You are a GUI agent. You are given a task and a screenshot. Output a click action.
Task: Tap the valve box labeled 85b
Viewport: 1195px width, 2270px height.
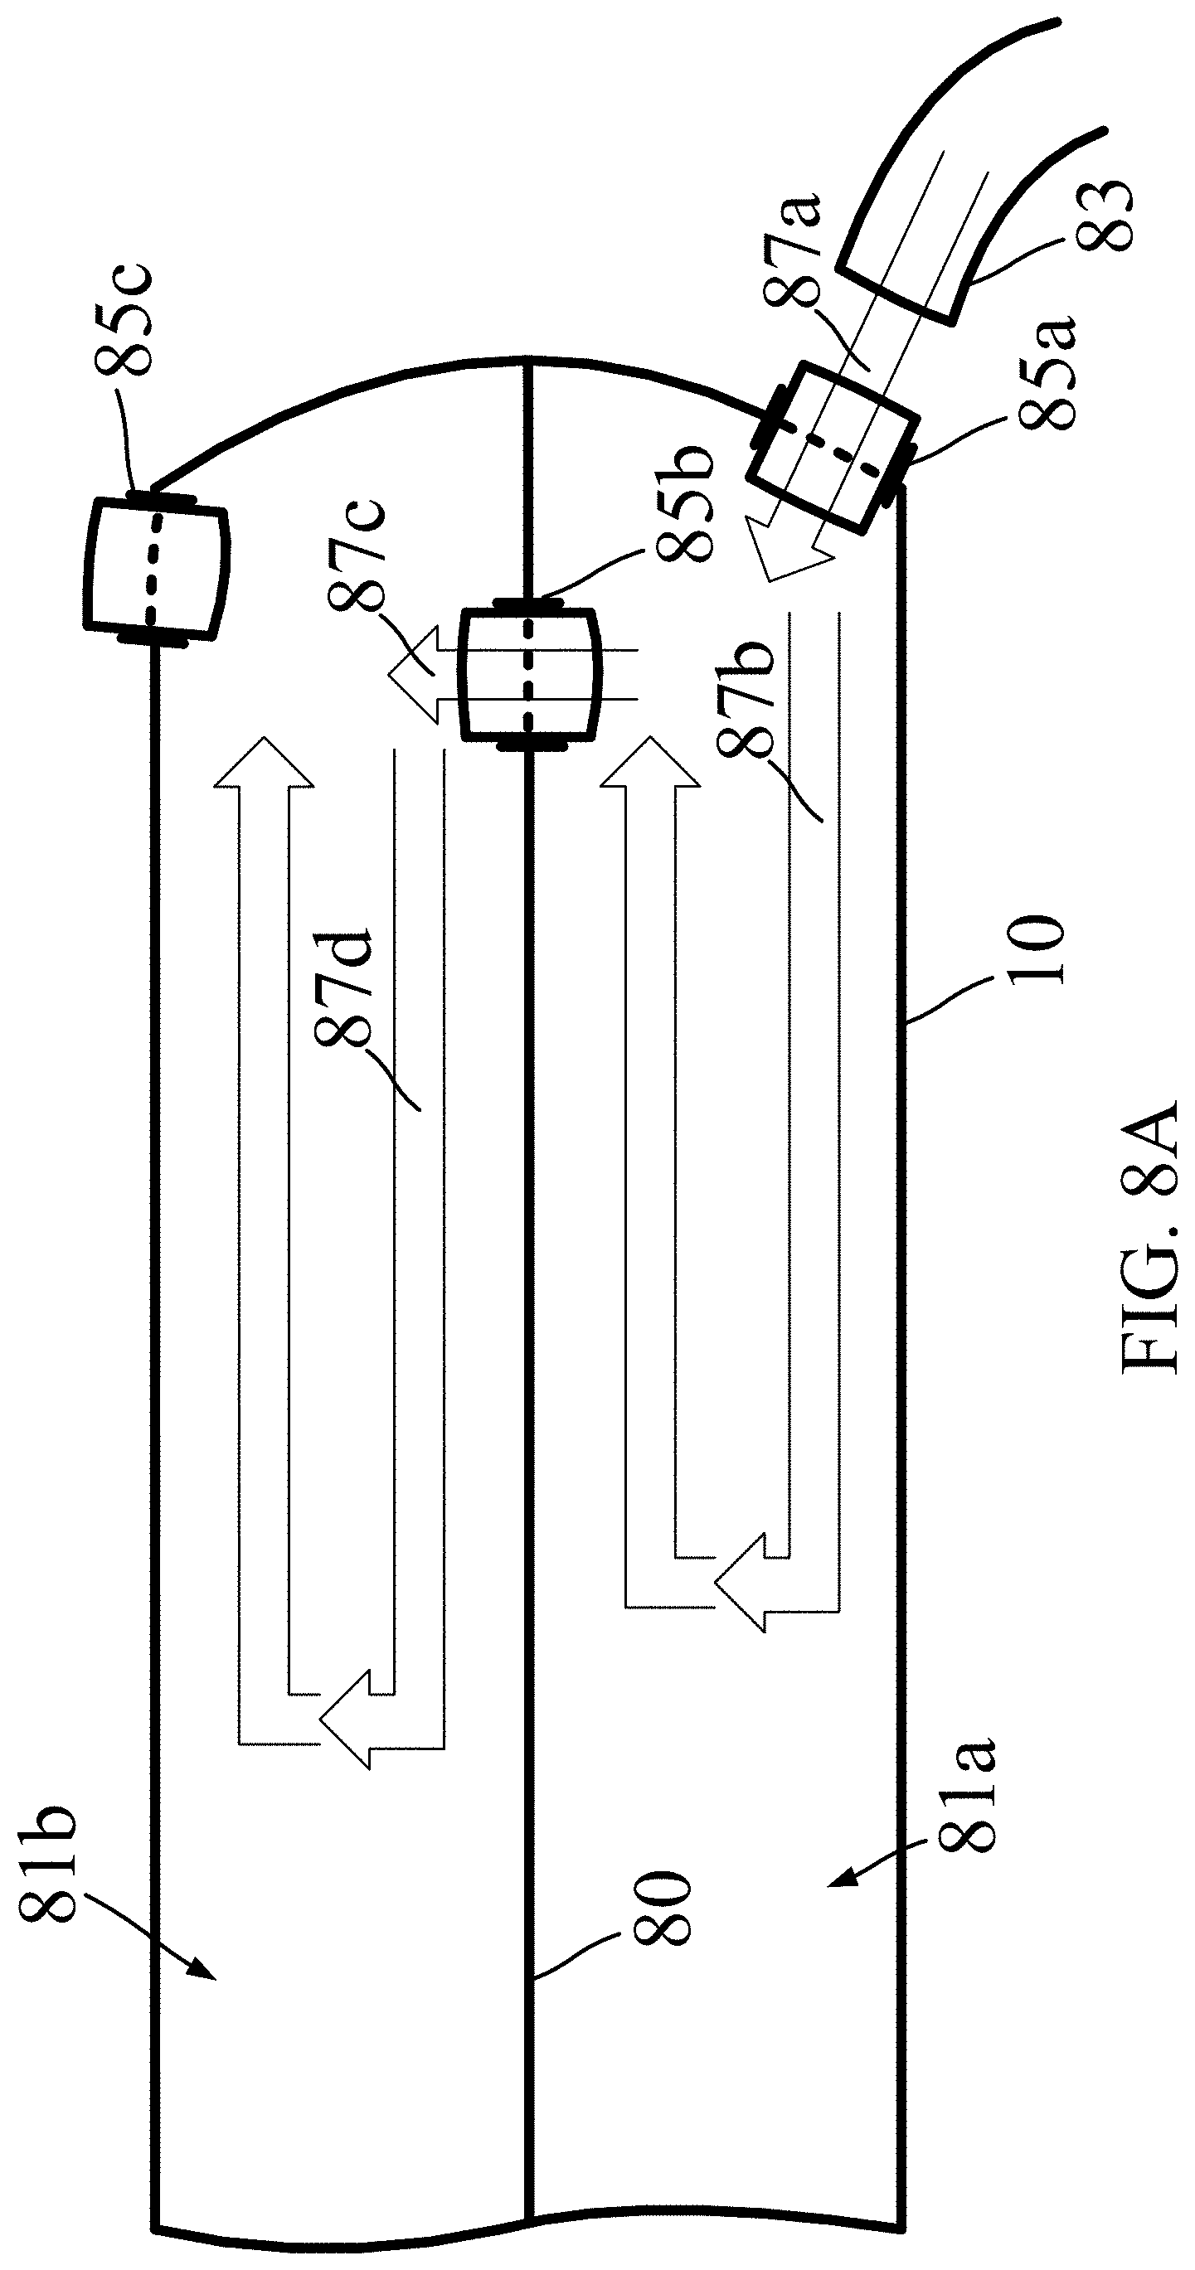[529, 674]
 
